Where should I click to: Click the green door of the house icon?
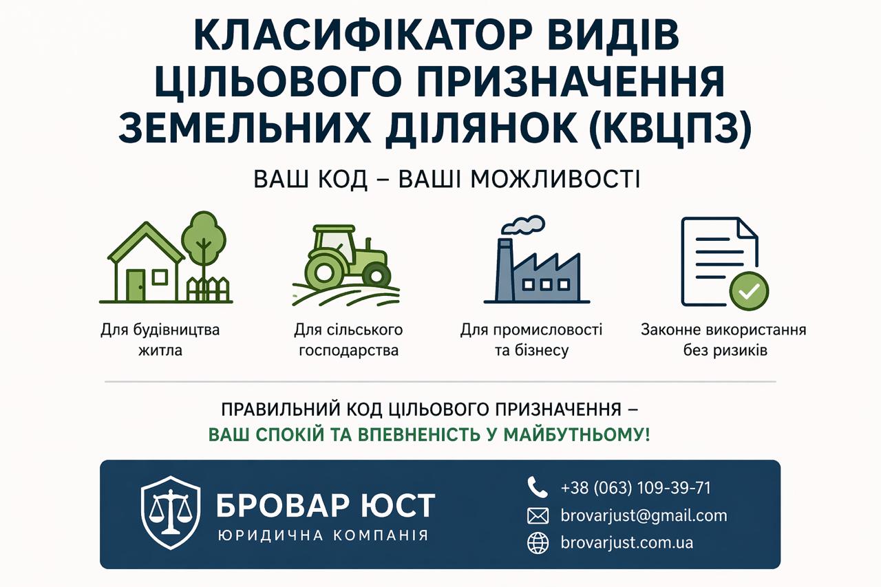point(136,284)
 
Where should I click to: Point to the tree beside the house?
point(204,237)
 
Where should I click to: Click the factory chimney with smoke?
point(505,268)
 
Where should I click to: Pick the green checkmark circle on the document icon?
point(749,292)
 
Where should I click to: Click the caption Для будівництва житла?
point(160,340)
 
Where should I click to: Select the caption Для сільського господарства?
point(348,340)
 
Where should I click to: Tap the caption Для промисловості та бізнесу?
point(531,340)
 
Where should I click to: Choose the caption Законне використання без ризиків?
point(723,340)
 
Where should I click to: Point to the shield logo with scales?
point(171,513)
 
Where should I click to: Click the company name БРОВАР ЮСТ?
point(325,505)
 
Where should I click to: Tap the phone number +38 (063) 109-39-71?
point(635,488)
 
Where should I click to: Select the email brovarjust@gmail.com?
point(644,515)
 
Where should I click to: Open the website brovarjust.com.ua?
point(626,543)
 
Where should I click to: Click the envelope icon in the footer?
point(538,515)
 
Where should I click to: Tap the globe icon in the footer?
point(538,543)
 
